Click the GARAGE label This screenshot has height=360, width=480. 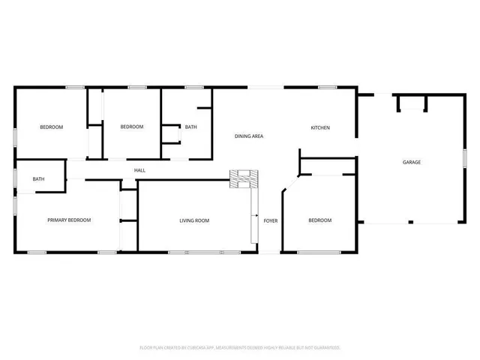coord(411,162)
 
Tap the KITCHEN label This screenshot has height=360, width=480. coord(320,127)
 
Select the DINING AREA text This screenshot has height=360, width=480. coord(249,136)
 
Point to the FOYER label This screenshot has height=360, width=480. coord(270,220)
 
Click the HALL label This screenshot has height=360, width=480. coord(139,170)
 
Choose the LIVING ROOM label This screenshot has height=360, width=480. coord(193,220)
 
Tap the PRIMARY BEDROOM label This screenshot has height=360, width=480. coord(69,220)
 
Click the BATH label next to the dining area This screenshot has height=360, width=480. coord(191,127)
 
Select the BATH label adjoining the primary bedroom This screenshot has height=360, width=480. coord(38,179)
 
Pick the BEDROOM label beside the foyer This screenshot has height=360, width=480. coord(320,220)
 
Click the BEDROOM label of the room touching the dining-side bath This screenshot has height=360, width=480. coord(132,127)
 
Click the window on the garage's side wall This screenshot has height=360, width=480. coord(464,158)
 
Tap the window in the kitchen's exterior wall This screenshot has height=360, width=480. coord(326,88)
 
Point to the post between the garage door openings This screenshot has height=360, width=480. coord(409,222)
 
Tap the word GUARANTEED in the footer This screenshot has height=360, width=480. coord(325,347)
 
